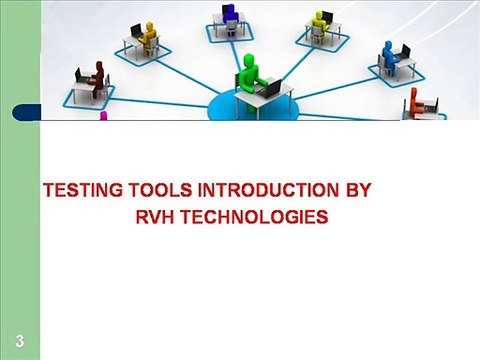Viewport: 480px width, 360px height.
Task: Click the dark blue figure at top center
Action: (229, 16)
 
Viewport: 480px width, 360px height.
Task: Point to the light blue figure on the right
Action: (388, 57)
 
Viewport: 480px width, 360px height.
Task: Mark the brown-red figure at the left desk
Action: (98, 77)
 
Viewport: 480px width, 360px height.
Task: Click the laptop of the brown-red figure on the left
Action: (80, 75)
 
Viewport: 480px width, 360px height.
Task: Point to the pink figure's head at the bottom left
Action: (102, 115)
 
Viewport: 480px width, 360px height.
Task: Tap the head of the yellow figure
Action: (321, 15)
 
